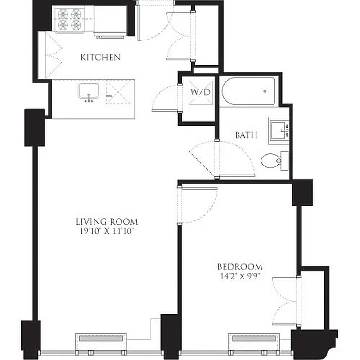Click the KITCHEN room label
click(100, 57)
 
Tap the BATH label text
click(246, 135)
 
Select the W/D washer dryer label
click(200, 92)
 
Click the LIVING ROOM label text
click(106, 221)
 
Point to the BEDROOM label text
click(240, 266)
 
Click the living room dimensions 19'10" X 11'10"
click(106, 231)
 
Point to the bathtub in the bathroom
click(249, 91)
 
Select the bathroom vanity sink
click(278, 130)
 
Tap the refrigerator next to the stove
click(110, 21)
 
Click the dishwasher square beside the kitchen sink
click(118, 93)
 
